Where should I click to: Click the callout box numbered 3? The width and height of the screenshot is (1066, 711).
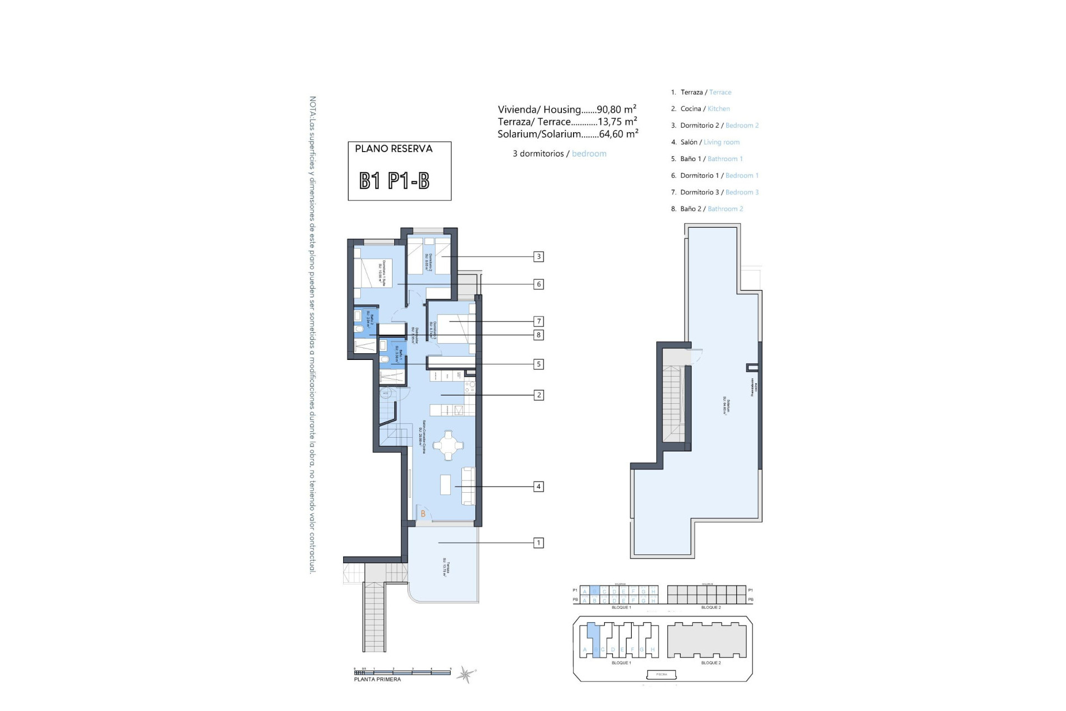(538, 257)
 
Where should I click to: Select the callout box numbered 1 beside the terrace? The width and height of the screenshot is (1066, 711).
(538, 543)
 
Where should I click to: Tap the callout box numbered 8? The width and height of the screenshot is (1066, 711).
(538, 335)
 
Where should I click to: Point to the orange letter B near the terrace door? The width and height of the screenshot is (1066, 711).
(423, 514)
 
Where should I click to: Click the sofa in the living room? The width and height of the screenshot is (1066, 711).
(469, 486)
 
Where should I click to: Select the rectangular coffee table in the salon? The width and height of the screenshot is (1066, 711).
(446, 484)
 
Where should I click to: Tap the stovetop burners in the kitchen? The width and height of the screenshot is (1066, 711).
(470, 384)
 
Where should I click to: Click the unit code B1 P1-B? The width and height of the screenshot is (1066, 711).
(394, 181)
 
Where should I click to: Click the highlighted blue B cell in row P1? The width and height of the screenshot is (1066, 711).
(595, 591)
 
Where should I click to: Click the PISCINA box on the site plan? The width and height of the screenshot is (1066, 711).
(662, 674)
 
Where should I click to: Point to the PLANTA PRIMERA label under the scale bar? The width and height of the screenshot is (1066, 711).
(378, 679)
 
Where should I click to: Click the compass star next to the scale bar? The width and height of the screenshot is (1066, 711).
(465, 674)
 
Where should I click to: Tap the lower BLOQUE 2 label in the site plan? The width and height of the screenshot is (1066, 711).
(711, 663)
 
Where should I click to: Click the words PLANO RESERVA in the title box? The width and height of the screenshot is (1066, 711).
(394, 149)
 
